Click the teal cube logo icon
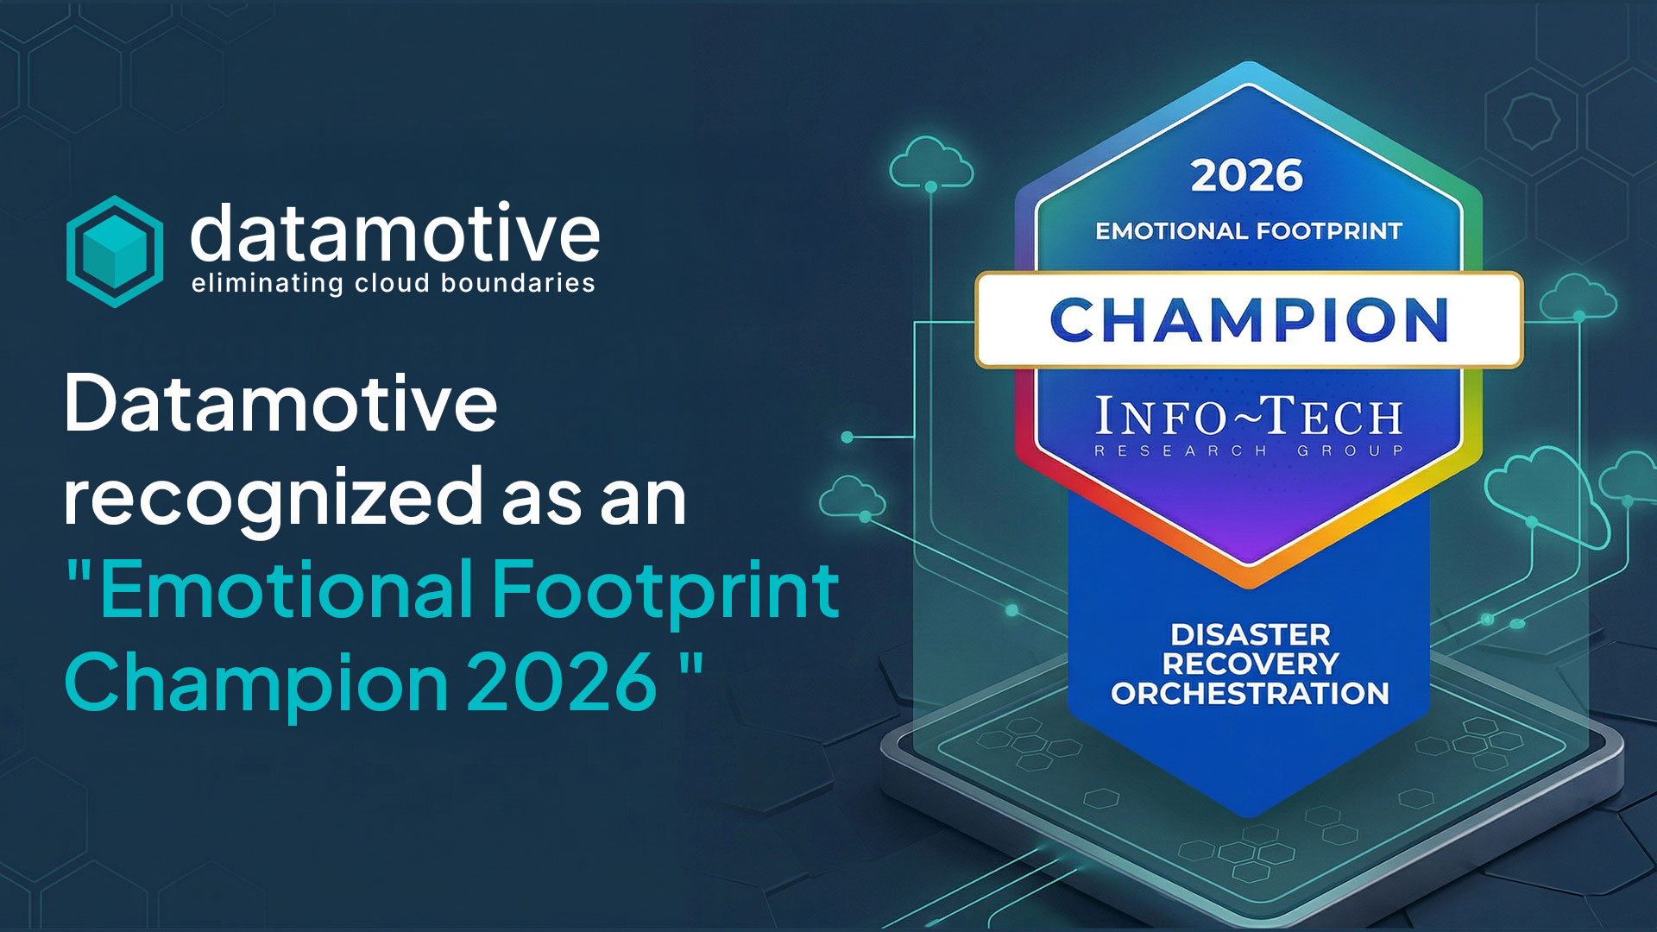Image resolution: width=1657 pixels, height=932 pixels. point(115,251)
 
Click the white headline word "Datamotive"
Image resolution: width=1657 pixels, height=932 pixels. point(281,403)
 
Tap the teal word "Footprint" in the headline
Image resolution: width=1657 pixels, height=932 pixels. point(665,590)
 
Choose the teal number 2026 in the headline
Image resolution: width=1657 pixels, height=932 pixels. point(563,682)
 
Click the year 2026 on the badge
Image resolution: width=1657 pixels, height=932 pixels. point(1247,176)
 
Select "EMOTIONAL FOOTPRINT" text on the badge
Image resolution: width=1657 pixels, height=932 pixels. point(1249,231)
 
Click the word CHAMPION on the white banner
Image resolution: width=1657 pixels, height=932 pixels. point(1249,320)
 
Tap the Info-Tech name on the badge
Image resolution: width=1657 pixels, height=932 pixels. point(1249,417)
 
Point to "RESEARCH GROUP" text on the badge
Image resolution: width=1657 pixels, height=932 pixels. point(1249,450)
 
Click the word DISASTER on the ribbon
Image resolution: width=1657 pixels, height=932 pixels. point(1251,635)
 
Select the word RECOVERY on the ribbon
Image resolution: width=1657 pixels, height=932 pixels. point(1251,664)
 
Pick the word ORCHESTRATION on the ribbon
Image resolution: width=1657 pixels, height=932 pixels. point(1251,694)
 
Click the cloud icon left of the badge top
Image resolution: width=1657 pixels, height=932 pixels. point(931,163)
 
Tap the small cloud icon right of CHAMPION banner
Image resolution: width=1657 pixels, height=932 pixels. point(1578,297)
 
